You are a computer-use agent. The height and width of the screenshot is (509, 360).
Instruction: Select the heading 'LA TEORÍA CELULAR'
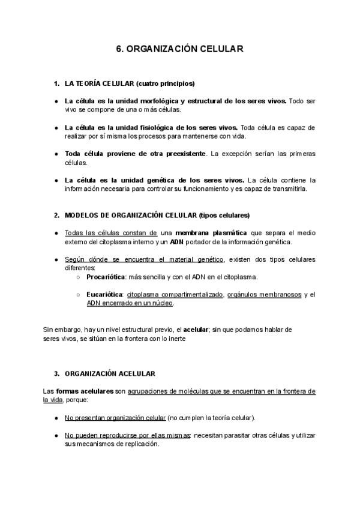[100, 83]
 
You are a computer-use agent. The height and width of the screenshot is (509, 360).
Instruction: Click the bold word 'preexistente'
[179, 154]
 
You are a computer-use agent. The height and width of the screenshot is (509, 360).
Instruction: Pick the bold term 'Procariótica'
[107, 277]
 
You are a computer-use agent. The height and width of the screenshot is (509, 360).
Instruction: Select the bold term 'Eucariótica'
[105, 295]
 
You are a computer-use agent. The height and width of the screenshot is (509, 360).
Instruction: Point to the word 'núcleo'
[161, 303]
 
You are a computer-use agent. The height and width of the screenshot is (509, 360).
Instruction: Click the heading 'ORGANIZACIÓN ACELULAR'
[109, 373]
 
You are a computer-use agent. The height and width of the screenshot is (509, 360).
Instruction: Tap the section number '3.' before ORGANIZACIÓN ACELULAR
[57, 373]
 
